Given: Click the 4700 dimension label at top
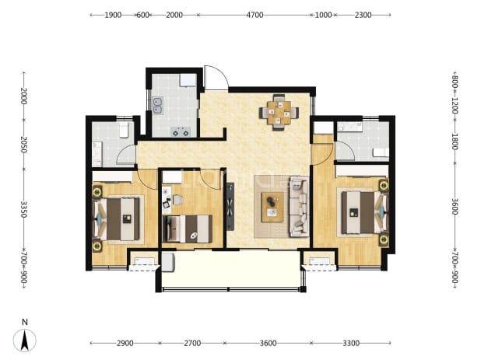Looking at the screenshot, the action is tap(255, 15).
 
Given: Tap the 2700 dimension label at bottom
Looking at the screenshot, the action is tap(192, 343).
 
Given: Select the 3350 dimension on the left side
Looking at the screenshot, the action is tap(24, 209).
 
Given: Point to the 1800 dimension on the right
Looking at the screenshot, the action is tap(455, 142).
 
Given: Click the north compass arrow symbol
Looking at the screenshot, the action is tap(25, 341).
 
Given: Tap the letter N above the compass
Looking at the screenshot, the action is tap(25, 322).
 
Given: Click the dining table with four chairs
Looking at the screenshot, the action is tap(279, 113).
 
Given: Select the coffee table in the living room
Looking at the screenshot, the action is tap(272, 207).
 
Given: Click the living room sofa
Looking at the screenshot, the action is tap(299, 206).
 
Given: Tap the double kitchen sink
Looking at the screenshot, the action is tap(158, 105).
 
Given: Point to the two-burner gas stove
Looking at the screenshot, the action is tap(181, 131).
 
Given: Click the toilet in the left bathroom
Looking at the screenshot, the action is tap(124, 130).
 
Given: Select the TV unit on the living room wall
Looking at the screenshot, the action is tap(230, 206).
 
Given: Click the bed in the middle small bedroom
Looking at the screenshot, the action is tap(187, 229).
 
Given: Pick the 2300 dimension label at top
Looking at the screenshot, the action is tap(363, 15).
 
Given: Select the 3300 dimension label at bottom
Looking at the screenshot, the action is tap(351, 343).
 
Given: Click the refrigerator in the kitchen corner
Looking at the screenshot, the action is tap(188, 80).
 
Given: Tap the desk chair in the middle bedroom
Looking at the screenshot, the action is tap(177, 200).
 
